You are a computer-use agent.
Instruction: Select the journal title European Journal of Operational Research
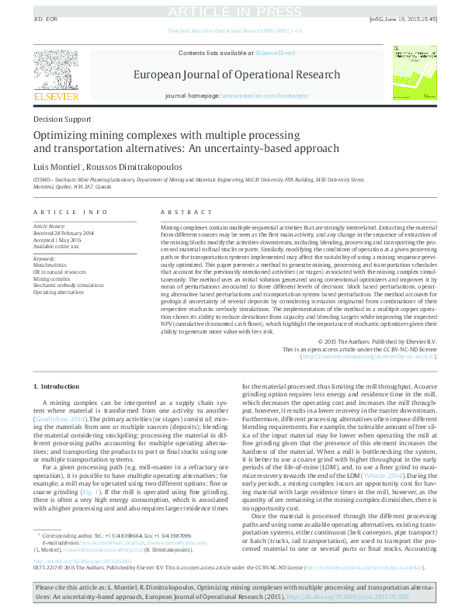coord(237,75)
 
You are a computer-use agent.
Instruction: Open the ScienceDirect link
coord(274,52)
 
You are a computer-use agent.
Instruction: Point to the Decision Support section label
coord(63,119)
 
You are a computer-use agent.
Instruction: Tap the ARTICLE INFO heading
coord(71,212)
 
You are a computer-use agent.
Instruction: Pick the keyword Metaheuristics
coord(51,264)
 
